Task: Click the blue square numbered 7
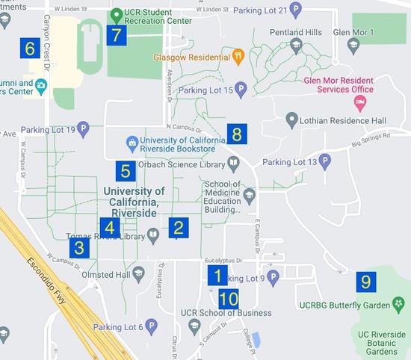pos(117,35)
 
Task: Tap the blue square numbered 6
pos(31,49)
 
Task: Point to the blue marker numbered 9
pos(365,282)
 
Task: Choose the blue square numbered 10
pos(229,300)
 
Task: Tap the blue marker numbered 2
pos(177,228)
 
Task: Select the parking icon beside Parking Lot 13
pos(325,161)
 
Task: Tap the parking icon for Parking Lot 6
pos(151,326)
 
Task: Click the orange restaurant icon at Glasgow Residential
pos(238,57)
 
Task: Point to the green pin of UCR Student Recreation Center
pos(117,14)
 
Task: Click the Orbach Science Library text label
pos(183,162)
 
